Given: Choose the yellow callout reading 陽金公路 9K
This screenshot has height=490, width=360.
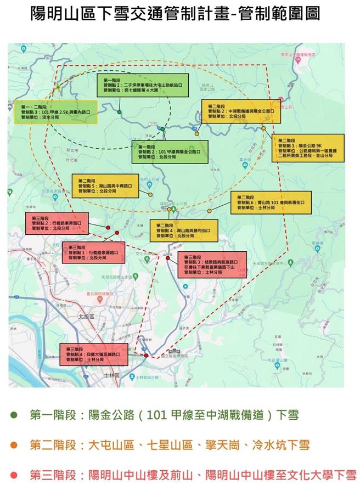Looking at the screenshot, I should tap(310, 148).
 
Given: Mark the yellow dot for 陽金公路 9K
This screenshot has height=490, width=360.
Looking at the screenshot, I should tap(263, 128).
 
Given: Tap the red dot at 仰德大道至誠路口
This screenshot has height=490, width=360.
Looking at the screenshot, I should tap(146, 356).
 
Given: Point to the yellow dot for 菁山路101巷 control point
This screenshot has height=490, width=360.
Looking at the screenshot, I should tap(209, 211).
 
